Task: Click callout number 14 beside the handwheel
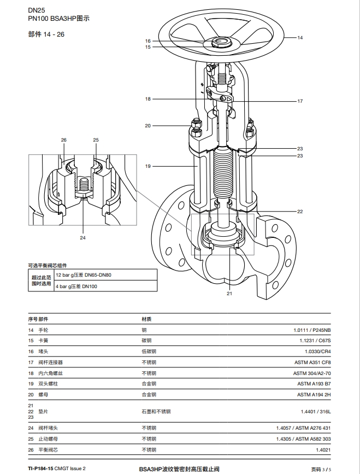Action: tap(300, 38)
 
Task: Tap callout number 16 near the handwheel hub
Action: tap(147, 41)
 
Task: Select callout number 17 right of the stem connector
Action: tap(300, 101)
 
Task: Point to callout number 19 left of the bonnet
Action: tap(147, 166)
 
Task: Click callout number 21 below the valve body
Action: tap(229, 294)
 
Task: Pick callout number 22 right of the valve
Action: tap(300, 212)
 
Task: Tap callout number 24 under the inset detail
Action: tap(82, 238)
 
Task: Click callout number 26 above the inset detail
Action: tap(64, 140)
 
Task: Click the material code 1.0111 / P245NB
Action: tap(312, 330)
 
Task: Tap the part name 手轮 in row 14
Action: tap(44, 330)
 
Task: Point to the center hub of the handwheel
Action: tap(221, 42)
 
